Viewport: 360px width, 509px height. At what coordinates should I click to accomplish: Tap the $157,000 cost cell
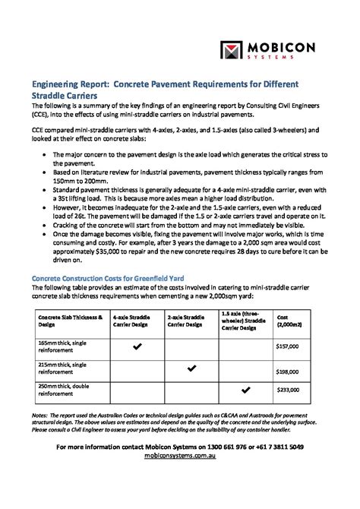pyautogui.click(x=286, y=346)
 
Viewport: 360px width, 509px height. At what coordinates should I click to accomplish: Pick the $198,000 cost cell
pyautogui.click(x=286, y=372)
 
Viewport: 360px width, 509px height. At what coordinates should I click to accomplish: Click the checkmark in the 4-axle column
pyautogui.click(x=137, y=346)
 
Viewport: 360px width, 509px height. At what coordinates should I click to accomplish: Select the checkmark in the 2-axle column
pyautogui.click(x=191, y=368)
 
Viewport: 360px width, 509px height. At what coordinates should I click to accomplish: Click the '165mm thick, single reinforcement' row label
pyautogui.click(x=60, y=346)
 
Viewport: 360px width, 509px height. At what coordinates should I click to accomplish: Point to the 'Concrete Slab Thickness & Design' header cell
pyautogui.click(x=61, y=319)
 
